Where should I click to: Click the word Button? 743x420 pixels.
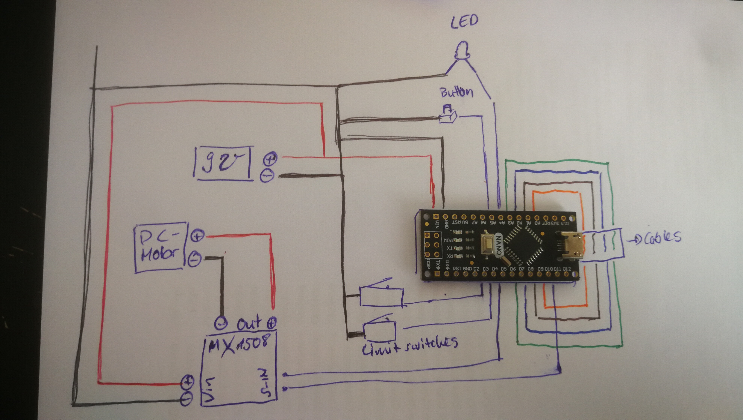(x=456, y=92)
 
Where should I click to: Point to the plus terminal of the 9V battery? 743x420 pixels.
(x=270, y=158)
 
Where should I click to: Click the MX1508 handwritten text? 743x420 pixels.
(x=239, y=345)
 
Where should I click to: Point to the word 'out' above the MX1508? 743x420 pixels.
(x=249, y=323)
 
